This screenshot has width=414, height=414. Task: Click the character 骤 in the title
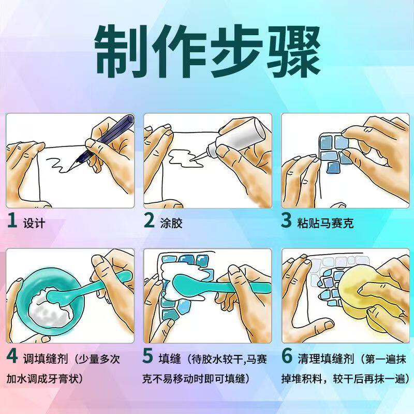point(292,51)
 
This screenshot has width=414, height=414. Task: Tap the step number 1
point(12,220)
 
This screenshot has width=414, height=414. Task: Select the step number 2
point(149,220)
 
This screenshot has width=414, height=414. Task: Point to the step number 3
point(286,220)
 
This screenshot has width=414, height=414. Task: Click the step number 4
point(12,356)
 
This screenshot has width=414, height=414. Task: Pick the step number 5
point(148,356)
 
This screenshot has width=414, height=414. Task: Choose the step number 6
point(287,356)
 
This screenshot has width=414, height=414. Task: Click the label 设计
point(34,224)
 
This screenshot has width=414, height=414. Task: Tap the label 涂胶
point(171,224)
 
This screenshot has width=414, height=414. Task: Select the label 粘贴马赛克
point(326,224)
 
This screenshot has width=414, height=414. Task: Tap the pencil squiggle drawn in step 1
point(59,165)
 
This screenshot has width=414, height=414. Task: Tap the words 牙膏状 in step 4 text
point(63,379)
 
